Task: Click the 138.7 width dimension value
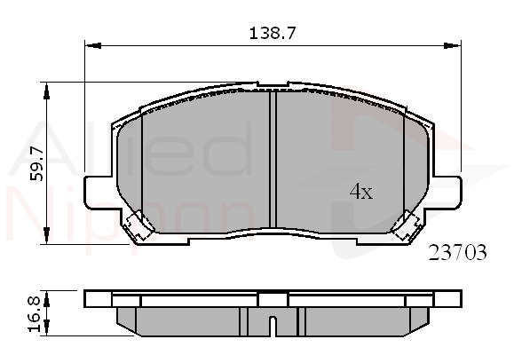273,33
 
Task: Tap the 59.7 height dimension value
36,164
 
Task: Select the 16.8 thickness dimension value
34,314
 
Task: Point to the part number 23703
457,253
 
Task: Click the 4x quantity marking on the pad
361,192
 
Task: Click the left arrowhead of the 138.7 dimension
93,45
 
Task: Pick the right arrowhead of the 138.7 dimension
453,45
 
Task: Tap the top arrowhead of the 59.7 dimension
46,91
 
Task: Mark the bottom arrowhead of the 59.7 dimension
46,235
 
